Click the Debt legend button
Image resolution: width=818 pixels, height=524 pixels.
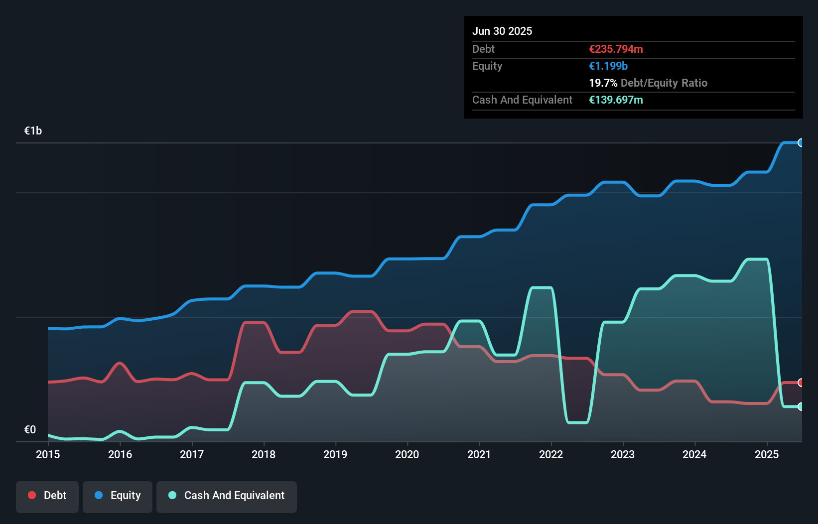47,496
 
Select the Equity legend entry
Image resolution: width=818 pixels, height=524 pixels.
118,496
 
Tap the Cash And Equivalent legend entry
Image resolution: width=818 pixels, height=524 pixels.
227,496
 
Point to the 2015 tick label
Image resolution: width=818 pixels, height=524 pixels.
48,454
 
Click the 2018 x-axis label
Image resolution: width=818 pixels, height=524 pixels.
264,454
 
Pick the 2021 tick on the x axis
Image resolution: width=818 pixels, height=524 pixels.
479,454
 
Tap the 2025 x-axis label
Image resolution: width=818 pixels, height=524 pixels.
767,454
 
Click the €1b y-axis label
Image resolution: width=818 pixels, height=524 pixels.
33,131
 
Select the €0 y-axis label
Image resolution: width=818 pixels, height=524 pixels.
30,429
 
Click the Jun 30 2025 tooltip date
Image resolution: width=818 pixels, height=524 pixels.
502,31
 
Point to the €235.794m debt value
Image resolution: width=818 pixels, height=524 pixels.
616,49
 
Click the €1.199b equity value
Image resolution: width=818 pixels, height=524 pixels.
608,66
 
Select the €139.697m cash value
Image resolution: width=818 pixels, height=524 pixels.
616,100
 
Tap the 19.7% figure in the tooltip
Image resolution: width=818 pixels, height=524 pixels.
603,83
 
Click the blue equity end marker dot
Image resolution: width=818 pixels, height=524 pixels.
801,143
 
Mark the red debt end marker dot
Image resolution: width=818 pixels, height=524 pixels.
801,383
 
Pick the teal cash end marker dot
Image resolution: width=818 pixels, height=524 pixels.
801,406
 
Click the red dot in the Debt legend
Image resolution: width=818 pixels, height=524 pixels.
32,495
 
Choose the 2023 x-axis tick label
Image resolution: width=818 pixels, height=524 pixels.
623,454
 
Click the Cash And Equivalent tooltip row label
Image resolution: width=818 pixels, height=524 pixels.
522,100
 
